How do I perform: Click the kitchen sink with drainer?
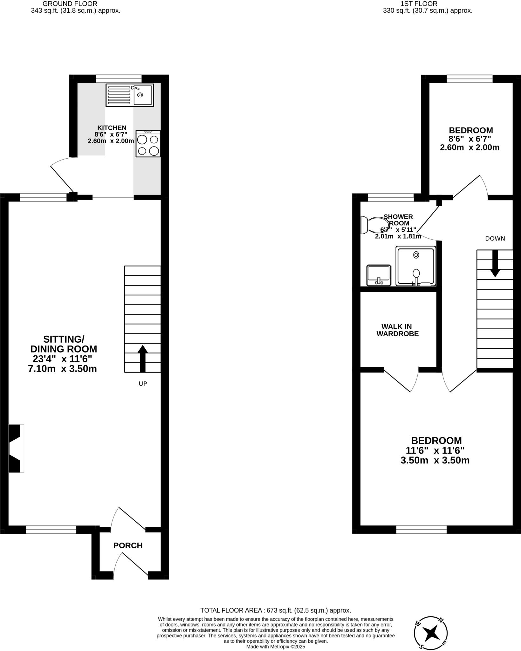coord(130,95)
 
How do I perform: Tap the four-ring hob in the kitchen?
coord(148,144)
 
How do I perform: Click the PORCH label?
coord(128,545)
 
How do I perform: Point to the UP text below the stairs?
coord(143,384)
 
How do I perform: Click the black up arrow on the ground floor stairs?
coord(143,358)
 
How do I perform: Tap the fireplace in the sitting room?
coord(16,448)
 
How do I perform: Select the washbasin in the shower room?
coord(378,275)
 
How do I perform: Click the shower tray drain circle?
coord(416,255)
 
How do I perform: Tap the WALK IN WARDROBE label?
coord(397,330)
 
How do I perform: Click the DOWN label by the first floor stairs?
coord(495,238)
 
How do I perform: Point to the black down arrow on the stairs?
coord(495,264)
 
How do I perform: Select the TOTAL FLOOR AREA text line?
coord(275,610)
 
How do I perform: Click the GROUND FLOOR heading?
coord(70,4)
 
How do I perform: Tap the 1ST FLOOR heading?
coord(419,4)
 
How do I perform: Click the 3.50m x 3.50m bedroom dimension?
coord(435,460)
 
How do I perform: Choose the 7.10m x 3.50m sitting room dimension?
coord(62,369)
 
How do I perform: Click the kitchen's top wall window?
coord(119,78)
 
